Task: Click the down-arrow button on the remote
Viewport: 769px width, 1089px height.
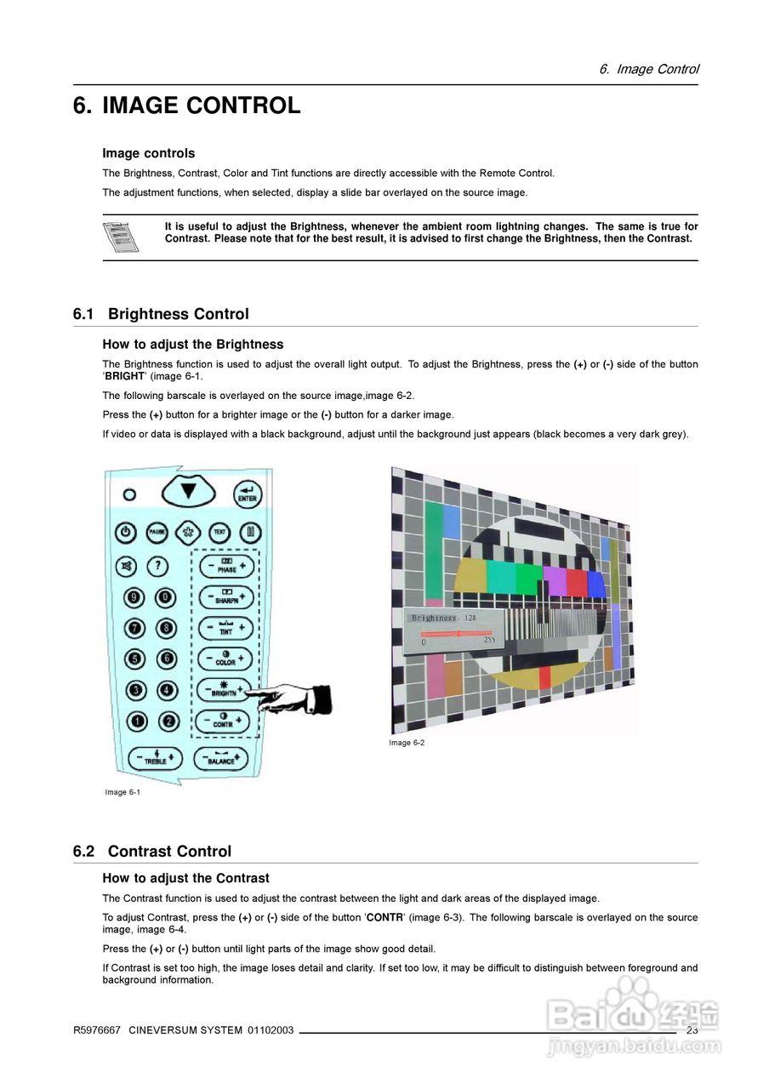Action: click(188, 491)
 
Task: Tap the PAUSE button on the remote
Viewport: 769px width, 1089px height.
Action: click(157, 533)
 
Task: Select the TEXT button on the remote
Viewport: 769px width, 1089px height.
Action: click(219, 533)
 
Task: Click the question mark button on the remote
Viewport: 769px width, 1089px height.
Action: click(158, 566)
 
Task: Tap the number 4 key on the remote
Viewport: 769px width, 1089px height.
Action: click(167, 690)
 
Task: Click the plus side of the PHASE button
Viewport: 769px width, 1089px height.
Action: click(243, 565)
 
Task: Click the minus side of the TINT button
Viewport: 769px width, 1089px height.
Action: click(207, 628)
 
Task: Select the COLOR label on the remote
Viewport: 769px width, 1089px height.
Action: click(225, 662)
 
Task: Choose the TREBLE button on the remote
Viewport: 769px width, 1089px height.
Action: click(155, 757)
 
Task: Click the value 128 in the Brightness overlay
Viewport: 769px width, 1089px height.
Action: click(470, 618)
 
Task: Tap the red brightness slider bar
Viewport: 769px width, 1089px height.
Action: click(456, 634)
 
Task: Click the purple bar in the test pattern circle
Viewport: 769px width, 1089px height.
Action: click(555, 581)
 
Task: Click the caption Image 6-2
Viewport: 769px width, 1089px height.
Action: click(407, 743)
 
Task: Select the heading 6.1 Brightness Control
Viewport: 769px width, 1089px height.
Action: click(161, 314)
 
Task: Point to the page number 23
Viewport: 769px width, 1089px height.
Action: click(692, 1030)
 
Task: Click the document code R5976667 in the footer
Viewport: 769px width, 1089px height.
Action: click(97, 1030)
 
